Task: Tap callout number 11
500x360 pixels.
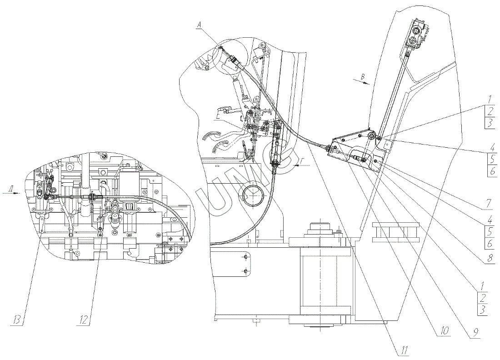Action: [x=405, y=350]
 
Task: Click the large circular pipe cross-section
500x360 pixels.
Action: [x=253, y=196]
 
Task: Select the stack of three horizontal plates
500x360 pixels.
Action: [x=395, y=232]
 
